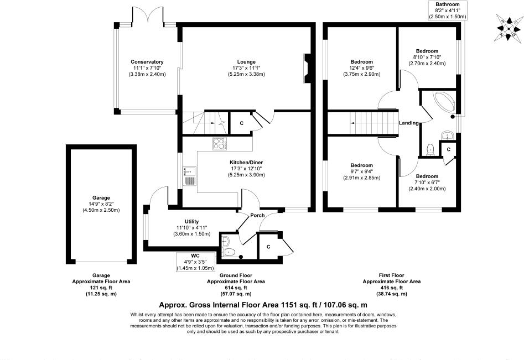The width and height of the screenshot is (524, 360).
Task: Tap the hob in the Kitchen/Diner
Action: click(220, 144)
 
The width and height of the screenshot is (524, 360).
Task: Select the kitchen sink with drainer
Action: click(189, 176)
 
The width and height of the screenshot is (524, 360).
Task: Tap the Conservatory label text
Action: click(147, 61)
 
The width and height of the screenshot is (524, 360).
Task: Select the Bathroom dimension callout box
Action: click(448, 11)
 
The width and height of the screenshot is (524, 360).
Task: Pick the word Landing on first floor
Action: click(408, 123)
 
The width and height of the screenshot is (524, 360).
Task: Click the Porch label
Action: click(257, 216)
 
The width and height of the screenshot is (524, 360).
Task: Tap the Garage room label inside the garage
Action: click(101, 197)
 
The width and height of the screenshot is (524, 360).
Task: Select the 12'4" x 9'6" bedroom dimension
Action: click(361, 68)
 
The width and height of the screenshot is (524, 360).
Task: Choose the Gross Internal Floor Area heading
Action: click(263, 305)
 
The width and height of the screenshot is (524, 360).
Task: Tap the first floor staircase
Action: click(364, 122)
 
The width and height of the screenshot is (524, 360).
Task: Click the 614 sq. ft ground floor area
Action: click(235, 288)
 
